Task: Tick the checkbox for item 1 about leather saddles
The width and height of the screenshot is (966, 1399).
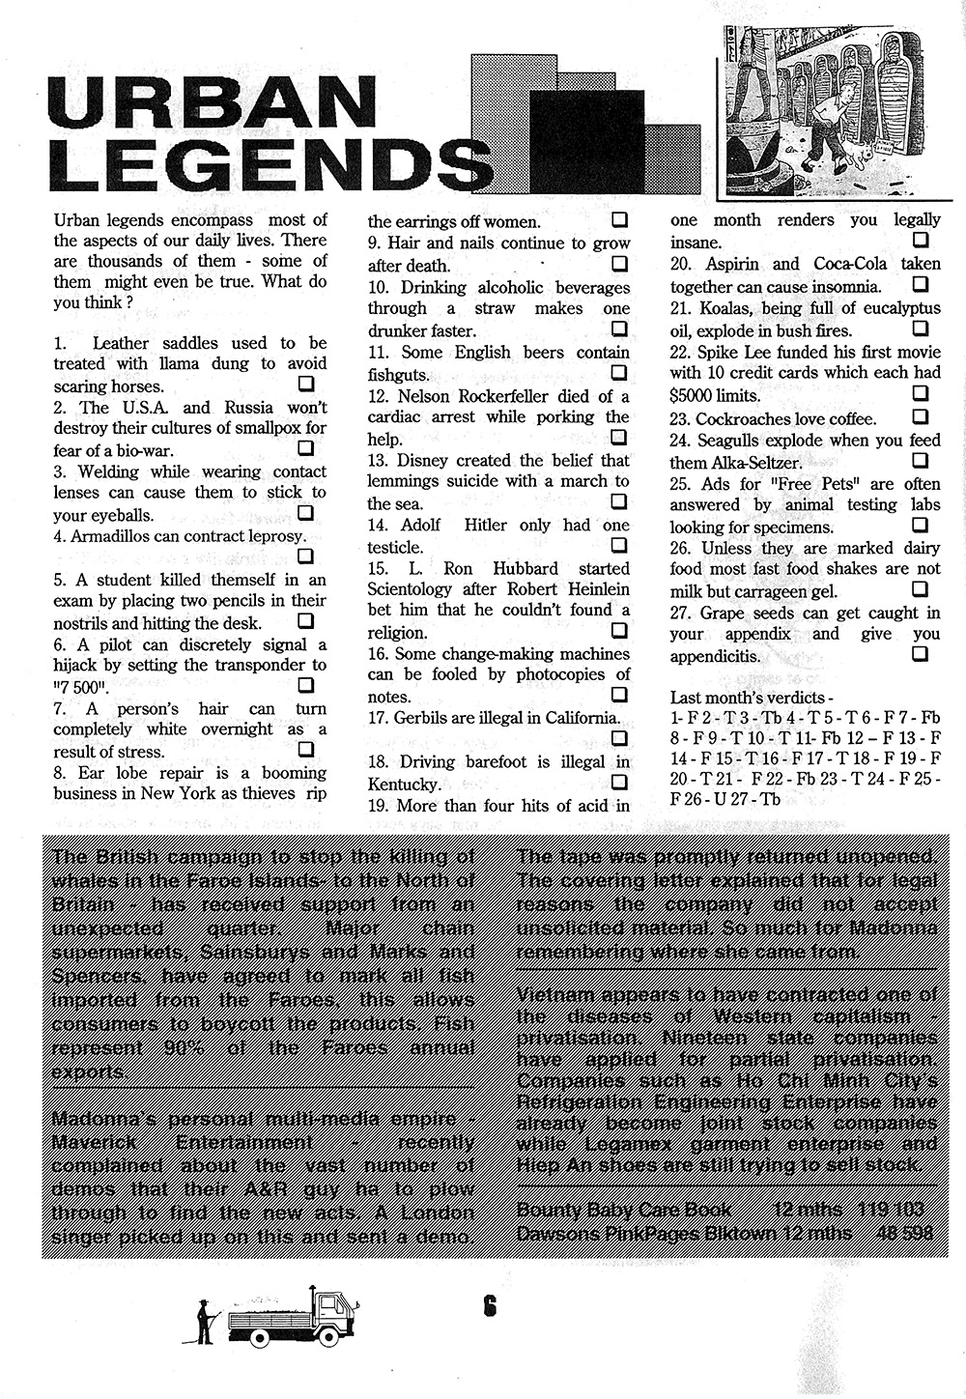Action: point(306,385)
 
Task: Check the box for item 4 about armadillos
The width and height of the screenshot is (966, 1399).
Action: point(306,556)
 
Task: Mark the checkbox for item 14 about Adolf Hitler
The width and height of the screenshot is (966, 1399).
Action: point(618,545)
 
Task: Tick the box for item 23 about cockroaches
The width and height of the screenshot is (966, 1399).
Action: point(921,416)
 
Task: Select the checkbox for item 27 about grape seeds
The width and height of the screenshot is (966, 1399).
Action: point(921,654)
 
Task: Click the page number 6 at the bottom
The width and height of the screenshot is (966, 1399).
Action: point(490,1307)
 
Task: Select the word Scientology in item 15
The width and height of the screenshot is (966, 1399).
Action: point(413,589)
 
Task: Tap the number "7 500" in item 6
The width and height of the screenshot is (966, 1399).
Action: point(82,687)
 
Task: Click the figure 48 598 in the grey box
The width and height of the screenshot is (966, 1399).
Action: point(904,1233)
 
